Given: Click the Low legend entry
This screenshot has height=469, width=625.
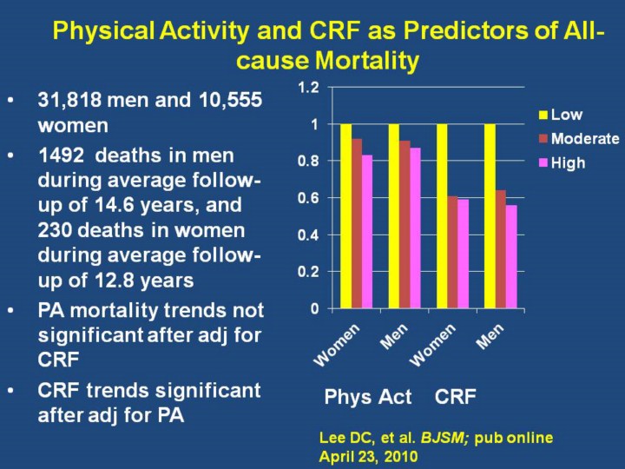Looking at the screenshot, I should click(x=566, y=115).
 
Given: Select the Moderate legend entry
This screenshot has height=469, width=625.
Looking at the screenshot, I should click(x=585, y=139).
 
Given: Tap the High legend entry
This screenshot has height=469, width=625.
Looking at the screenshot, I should click(x=568, y=162).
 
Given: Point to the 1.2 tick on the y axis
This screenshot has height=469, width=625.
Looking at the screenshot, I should click(x=308, y=88).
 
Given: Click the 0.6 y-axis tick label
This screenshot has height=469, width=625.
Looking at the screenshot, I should click(x=308, y=198).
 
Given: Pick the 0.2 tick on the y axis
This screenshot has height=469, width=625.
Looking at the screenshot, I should click(x=308, y=272).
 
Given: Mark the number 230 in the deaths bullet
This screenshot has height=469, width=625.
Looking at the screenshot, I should click(x=55, y=232).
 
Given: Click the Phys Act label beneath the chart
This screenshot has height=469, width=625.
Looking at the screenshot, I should click(x=367, y=398).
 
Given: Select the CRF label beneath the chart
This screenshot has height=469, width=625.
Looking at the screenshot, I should click(x=456, y=398).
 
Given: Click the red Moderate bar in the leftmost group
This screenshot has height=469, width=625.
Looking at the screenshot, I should click(x=357, y=223).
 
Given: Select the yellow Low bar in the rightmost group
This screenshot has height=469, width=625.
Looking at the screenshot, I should click(x=489, y=216).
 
